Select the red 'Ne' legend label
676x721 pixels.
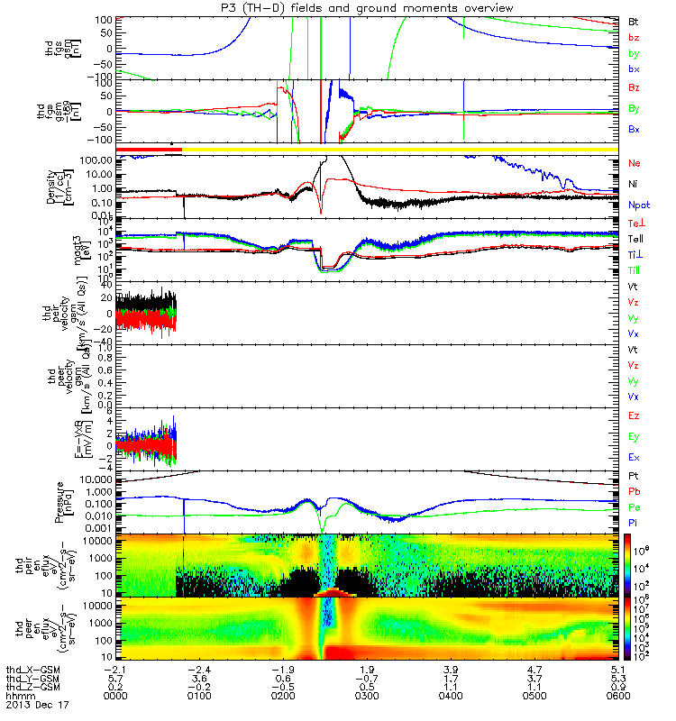pyautogui.click(x=634, y=163)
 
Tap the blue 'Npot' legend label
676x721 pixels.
pyautogui.click(x=639, y=205)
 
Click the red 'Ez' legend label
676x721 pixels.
pyautogui.click(x=634, y=415)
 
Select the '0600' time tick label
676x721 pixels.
pyautogui.click(x=617, y=696)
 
